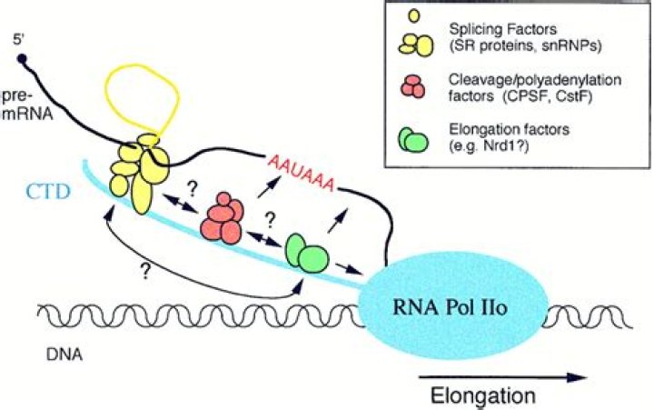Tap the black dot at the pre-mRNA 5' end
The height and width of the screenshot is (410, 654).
point(22,61)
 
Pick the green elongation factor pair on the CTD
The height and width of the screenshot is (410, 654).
point(305,251)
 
